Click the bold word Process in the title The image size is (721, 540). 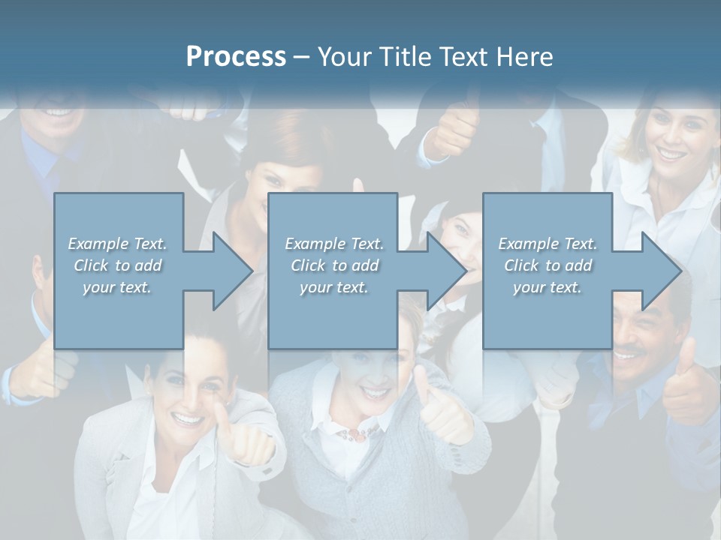click(x=236, y=56)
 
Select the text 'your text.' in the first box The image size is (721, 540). click(x=117, y=287)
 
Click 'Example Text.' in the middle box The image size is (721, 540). click(x=334, y=244)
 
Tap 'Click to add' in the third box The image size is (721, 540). click(x=548, y=265)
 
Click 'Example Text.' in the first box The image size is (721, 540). click(x=117, y=244)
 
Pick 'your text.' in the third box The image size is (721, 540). click(x=548, y=287)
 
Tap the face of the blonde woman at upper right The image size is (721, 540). click(x=671, y=139)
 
